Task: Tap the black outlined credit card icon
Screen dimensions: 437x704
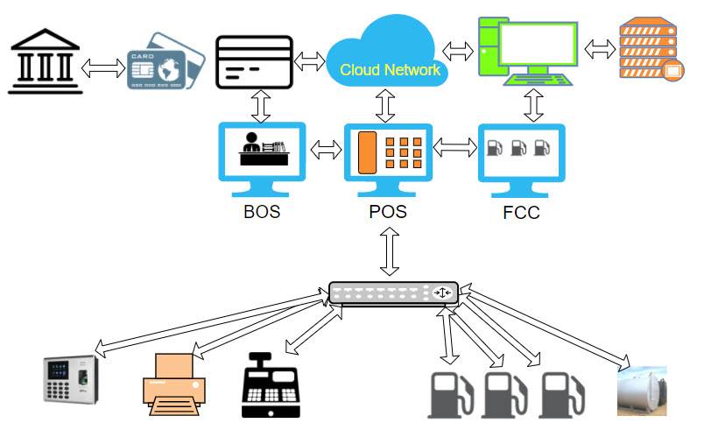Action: [x=254, y=61]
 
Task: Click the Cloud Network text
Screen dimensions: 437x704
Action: [x=390, y=69]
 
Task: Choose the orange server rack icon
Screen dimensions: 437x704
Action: [x=648, y=50]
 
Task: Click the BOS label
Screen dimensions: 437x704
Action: [x=262, y=212]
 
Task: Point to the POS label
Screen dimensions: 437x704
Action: [x=389, y=212]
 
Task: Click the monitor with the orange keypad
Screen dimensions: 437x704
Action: [x=389, y=156]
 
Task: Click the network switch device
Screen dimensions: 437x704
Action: [x=392, y=293]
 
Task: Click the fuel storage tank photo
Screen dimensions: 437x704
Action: [x=642, y=390]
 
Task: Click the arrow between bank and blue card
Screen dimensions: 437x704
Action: [x=103, y=67]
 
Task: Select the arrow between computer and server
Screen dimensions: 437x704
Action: [x=601, y=48]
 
